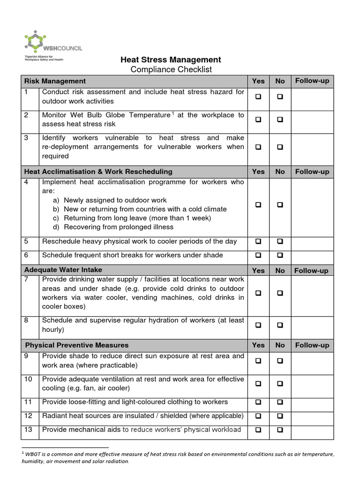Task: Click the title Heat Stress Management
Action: pyautogui.click(x=171, y=60)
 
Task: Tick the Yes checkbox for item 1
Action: pyautogui.click(x=258, y=97)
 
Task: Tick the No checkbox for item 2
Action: pyautogui.click(x=280, y=120)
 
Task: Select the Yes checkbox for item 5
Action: pyautogui.click(x=258, y=241)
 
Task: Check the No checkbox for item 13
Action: pyautogui.click(x=280, y=430)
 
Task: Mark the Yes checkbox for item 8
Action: pyautogui.click(x=258, y=325)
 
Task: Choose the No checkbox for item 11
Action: pyautogui.click(x=280, y=402)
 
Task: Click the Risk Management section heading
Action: pyautogui.click(x=55, y=81)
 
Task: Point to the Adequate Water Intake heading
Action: pyautogui.click(x=63, y=270)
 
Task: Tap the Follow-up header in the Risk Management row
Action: pyautogui.click(x=312, y=81)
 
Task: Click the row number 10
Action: pyautogui.click(x=29, y=379)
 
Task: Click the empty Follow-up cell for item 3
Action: pyautogui.click(x=312, y=147)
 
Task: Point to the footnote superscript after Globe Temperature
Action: pyautogui.click(x=173, y=113)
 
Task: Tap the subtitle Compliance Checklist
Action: pyautogui.click(x=171, y=69)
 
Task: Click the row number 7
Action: pyautogui.click(x=27, y=279)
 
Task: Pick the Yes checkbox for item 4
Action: pyautogui.click(x=258, y=205)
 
